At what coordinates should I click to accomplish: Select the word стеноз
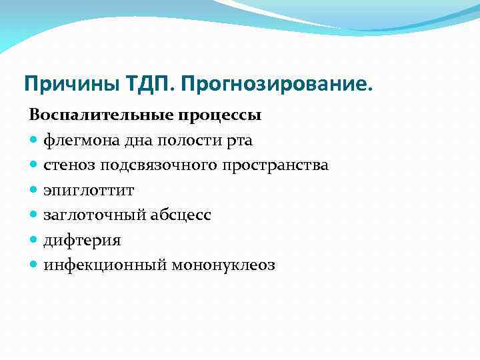(x=69, y=165)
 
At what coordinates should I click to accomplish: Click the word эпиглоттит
(x=89, y=191)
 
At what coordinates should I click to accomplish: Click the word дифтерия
(x=82, y=241)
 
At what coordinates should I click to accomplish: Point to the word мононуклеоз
(x=223, y=265)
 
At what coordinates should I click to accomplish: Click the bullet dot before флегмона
(x=34, y=141)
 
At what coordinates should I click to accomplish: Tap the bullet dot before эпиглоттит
(x=34, y=191)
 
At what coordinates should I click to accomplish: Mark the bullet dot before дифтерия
(x=34, y=241)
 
